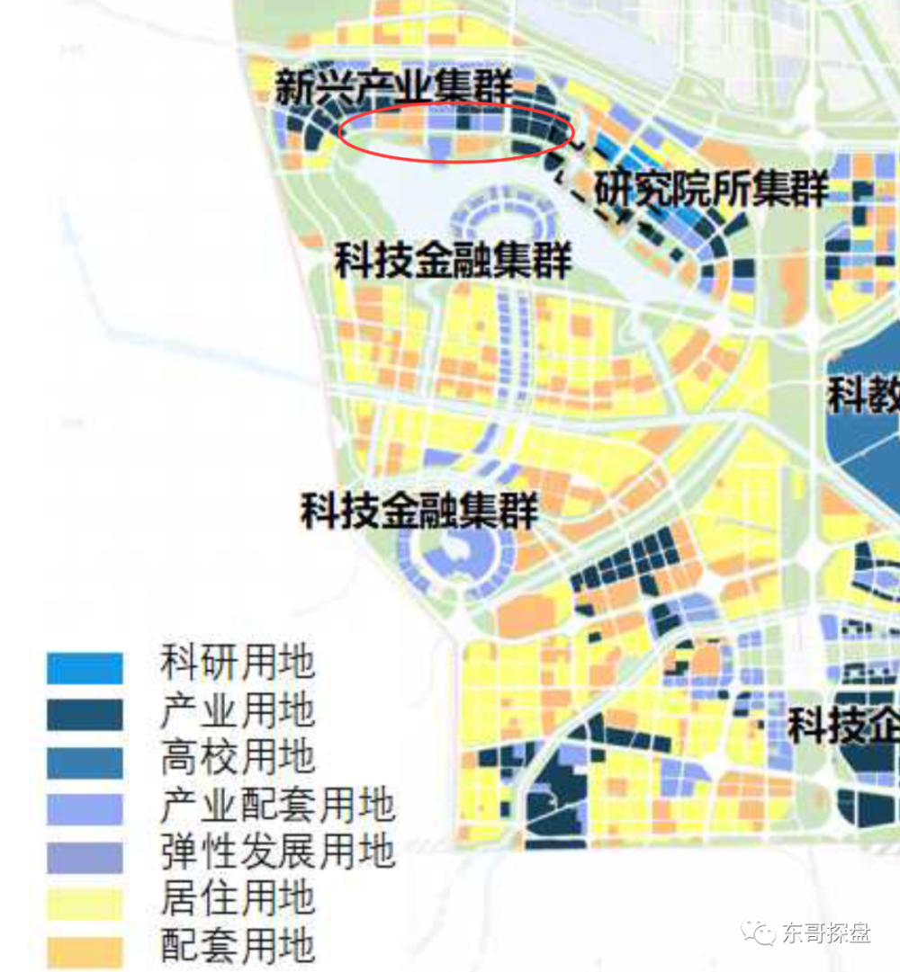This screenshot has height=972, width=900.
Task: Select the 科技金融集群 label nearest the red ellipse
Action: point(453,260)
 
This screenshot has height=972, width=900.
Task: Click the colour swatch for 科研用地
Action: point(85,668)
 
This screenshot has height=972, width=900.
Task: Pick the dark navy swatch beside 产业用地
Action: point(85,715)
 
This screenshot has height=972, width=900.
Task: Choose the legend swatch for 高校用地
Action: point(85,762)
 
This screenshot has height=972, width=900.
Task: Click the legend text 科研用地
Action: point(238,664)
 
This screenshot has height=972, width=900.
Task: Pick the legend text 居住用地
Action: point(238,898)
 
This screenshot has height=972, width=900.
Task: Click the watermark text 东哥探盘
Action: point(826,932)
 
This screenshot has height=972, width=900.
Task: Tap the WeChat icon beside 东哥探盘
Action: point(761,932)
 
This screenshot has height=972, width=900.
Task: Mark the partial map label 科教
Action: point(862,393)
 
